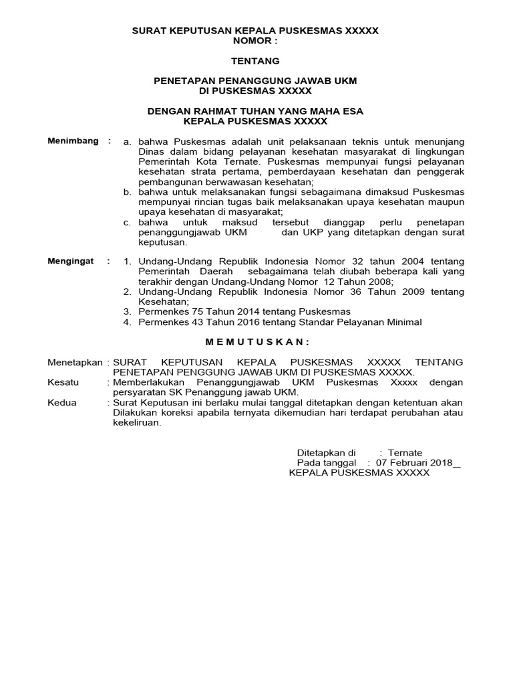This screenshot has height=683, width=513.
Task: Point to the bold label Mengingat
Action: click(71, 261)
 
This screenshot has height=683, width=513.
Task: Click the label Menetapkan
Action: click(76, 362)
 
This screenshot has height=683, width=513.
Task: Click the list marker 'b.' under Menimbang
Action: click(128, 192)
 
